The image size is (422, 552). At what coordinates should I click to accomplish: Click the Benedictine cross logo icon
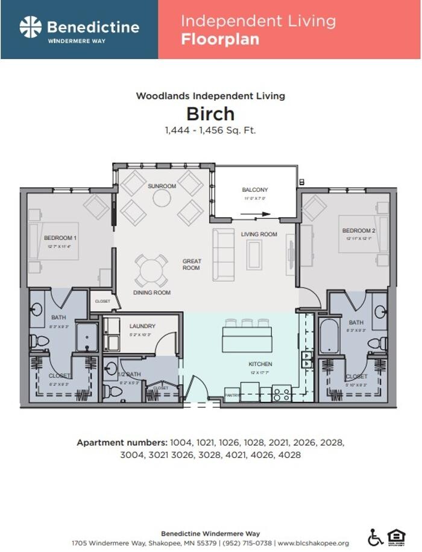[30, 27]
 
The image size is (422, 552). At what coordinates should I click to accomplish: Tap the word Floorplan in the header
[220, 40]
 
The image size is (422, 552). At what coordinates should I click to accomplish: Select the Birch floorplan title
[210, 113]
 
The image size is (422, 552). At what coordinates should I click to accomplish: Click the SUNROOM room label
[162, 186]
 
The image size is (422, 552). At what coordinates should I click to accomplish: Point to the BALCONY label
[255, 190]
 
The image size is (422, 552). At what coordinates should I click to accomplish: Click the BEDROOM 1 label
[58, 238]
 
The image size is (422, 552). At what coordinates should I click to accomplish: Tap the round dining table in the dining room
[150, 270]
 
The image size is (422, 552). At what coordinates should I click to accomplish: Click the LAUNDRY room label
[142, 326]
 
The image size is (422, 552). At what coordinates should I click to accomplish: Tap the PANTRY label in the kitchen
[232, 396]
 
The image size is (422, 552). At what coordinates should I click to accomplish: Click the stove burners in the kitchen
[282, 394]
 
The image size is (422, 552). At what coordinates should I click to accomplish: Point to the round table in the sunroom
[162, 198]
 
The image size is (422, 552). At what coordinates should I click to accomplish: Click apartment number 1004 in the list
[180, 442]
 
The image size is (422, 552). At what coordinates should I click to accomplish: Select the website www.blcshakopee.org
[313, 543]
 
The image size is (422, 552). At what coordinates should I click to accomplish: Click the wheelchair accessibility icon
[375, 537]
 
